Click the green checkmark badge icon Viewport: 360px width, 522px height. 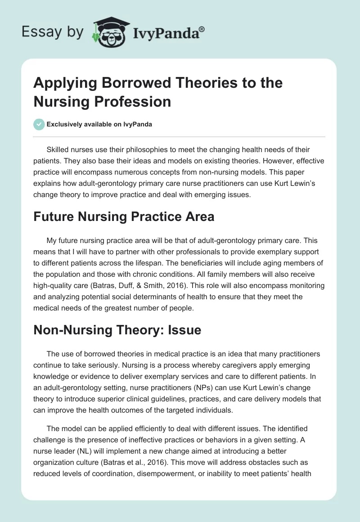coord(39,124)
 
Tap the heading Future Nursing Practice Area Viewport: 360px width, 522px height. coord(124,216)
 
